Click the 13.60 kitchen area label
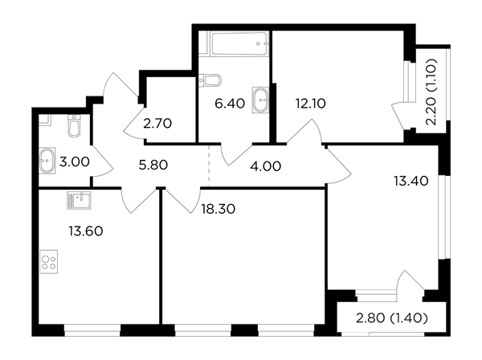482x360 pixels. (x=86, y=231)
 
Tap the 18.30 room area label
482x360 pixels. (x=219, y=209)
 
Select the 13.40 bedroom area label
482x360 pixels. (x=411, y=181)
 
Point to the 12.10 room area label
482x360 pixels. (x=310, y=104)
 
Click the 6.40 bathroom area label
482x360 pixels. (x=230, y=104)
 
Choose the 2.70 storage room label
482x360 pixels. (x=157, y=124)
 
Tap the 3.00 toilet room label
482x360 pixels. (x=75, y=162)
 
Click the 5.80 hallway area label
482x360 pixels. (x=153, y=165)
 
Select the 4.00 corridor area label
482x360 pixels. (x=266, y=166)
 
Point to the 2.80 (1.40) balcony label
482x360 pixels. (x=392, y=318)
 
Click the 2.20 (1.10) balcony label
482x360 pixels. (x=431, y=92)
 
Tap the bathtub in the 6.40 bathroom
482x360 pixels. (x=239, y=43)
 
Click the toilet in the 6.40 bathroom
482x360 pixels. (x=210, y=80)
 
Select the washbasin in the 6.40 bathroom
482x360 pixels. (x=260, y=100)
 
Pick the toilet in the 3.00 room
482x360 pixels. (x=74, y=125)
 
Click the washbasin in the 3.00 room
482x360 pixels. (x=47, y=161)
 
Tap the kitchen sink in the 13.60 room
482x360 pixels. (x=79, y=200)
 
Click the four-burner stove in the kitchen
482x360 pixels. (x=48, y=262)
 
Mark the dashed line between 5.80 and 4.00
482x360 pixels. (x=209, y=166)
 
